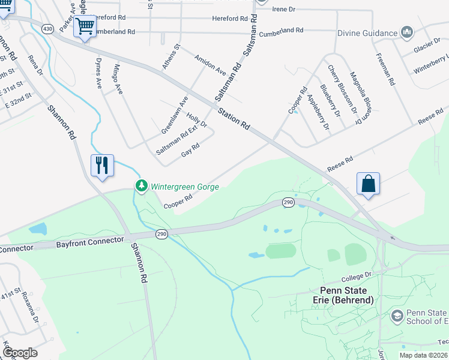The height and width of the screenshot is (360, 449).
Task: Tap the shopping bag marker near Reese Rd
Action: (x=369, y=184)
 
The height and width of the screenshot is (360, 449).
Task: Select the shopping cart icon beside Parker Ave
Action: (x=85, y=26)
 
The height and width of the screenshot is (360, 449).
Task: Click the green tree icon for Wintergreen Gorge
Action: (x=142, y=186)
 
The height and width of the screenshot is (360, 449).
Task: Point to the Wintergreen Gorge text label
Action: (x=184, y=187)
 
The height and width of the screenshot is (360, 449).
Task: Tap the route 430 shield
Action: (x=47, y=28)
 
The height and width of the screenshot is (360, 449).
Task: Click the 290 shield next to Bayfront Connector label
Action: (x=161, y=233)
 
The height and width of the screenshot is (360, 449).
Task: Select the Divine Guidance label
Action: (x=367, y=33)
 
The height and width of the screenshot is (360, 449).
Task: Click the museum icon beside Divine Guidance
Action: (x=407, y=32)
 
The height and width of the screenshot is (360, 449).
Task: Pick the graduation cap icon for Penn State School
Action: (x=397, y=316)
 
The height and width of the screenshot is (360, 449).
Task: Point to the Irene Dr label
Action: (x=285, y=10)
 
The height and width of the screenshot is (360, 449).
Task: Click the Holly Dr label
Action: (x=196, y=120)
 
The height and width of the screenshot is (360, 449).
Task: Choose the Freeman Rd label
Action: (x=384, y=69)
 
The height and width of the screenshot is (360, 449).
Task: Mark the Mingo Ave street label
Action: (x=117, y=79)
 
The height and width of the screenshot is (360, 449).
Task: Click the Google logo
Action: (x=19, y=353)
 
